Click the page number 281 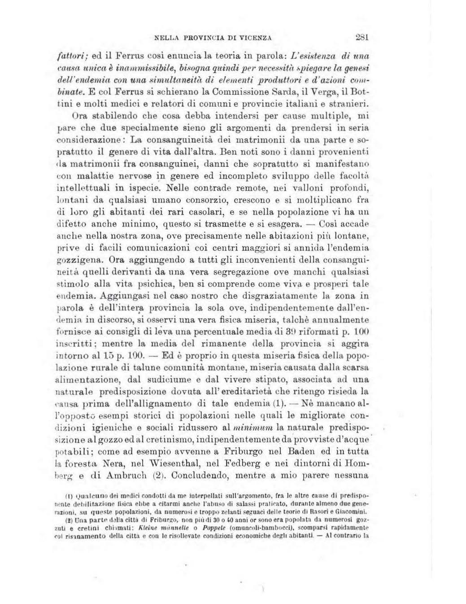[360, 37]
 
